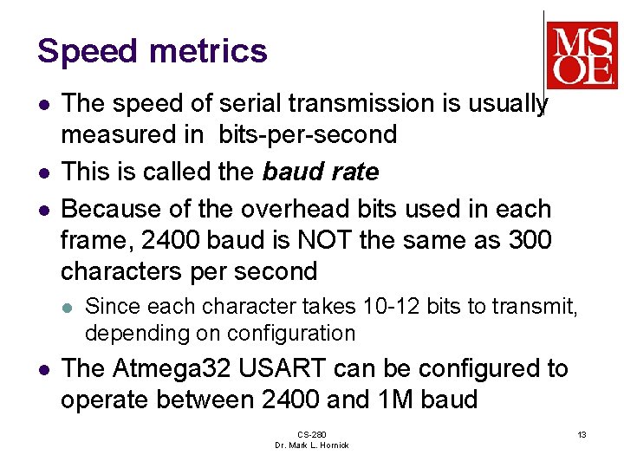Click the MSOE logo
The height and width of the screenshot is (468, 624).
tap(582, 54)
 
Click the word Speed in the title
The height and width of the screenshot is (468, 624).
tap(88, 52)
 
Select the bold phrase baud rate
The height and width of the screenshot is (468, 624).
tap(321, 172)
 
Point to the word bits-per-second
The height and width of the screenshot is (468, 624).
tap(307, 135)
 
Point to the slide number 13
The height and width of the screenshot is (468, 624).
tap(582, 433)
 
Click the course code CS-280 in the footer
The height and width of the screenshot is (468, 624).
tap(311, 434)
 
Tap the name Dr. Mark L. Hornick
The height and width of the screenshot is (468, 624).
tap(311, 445)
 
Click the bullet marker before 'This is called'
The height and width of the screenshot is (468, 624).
tap(43, 172)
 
